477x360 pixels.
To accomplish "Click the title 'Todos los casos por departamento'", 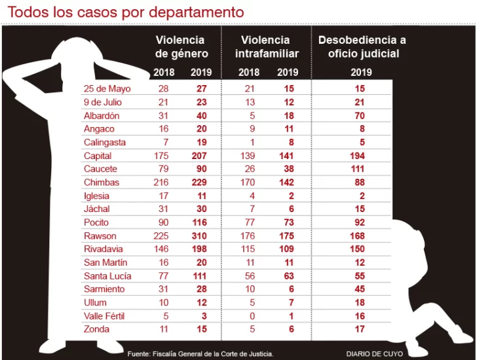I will (125, 12).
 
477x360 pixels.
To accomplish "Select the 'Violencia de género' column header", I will (180, 47).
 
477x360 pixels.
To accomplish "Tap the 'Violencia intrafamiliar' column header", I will (266, 47).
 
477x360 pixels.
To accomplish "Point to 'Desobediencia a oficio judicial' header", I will (362, 47).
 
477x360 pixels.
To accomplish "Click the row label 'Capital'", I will (98, 156).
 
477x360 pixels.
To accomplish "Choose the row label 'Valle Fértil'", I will (105, 316).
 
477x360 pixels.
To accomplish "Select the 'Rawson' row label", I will (100, 236).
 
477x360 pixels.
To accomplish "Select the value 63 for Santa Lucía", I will (288, 276).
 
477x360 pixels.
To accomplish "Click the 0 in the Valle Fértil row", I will (250, 316).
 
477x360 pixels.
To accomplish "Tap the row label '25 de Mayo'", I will (107, 89).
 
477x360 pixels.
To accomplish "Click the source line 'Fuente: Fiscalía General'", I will (200, 353).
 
